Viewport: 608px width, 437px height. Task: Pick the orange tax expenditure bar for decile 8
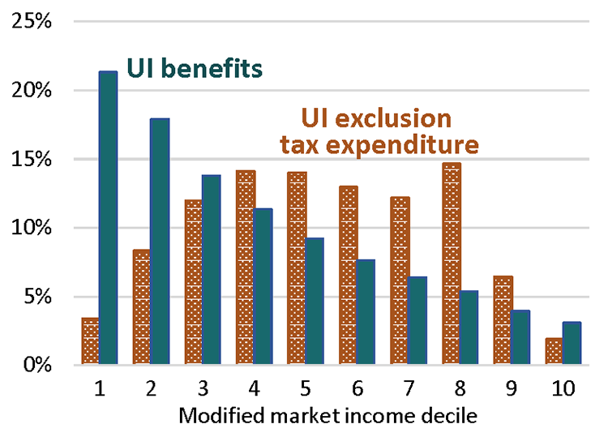[x=452, y=263]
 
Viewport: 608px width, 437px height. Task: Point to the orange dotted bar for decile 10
[x=554, y=351]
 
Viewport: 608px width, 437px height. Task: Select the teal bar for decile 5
[x=314, y=301]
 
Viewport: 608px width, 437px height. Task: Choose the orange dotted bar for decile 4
[x=245, y=267]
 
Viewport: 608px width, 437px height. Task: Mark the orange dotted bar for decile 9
[x=503, y=320]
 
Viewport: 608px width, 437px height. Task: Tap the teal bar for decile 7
[x=417, y=320]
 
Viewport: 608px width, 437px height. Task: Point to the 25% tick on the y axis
[x=33, y=21]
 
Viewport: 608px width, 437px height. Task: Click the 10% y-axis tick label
[x=33, y=228]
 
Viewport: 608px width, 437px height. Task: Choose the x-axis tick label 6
[x=357, y=388]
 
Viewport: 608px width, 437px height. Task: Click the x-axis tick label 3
[x=203, y=388]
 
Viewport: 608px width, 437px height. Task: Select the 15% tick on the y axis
[x=33, y=159]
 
